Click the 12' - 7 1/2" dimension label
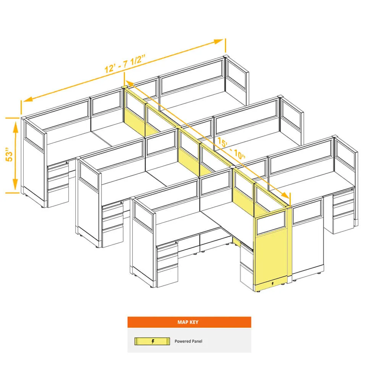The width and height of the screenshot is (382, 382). click(x=125, y=64)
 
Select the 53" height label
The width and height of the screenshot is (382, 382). click(x=9, y=154)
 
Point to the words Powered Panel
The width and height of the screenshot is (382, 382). click(x=188, y=341)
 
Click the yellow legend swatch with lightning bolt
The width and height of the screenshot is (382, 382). click(x=152, y=341)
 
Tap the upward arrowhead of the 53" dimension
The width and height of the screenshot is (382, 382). click(x=16, y=126)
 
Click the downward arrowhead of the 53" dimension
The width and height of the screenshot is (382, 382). click(x=15, y=184)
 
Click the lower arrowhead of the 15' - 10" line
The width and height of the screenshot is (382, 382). click(x=285, y=195)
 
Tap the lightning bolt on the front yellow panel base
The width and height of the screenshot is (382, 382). click(x=272, y=283)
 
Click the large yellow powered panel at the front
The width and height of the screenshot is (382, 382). click(x=270, y=251)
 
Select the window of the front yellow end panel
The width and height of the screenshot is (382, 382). click(x=271, y=223)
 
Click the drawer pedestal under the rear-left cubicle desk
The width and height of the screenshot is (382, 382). click(x=58, y=185)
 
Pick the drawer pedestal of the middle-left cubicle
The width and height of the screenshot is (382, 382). click(x=113, y=225)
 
